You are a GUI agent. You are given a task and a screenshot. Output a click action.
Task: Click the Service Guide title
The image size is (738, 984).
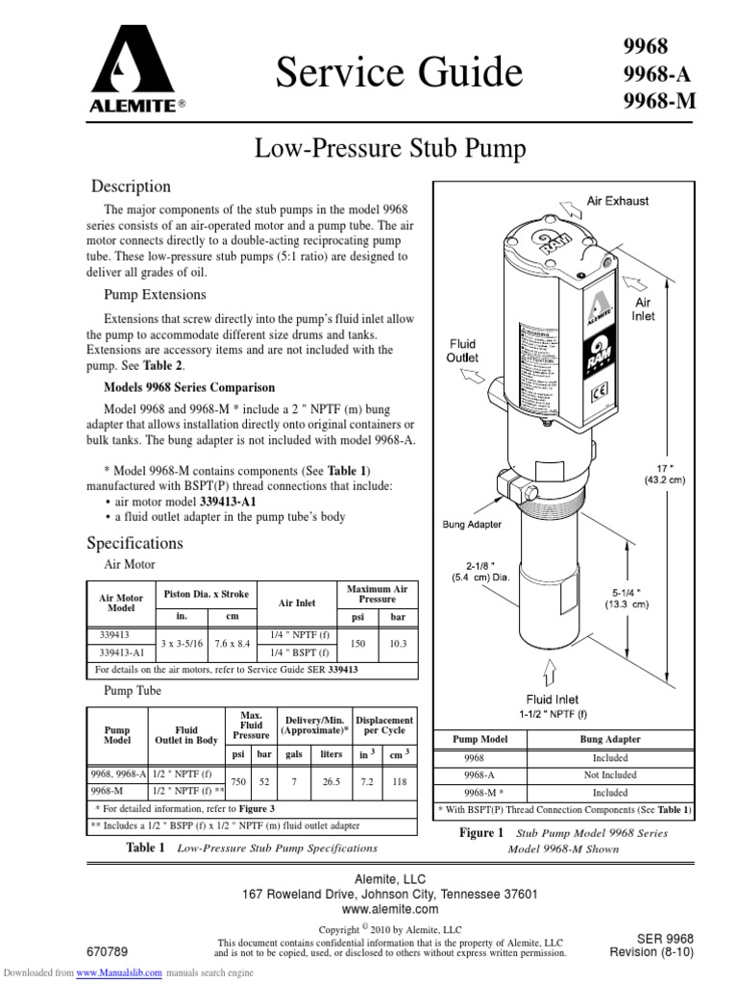[400, 72]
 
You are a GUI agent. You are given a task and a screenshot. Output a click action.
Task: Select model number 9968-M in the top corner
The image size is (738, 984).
[658, 100]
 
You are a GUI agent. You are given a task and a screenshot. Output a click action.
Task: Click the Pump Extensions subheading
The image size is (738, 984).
[154, 294]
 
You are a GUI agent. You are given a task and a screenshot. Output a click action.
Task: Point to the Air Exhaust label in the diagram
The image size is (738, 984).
[618, 201]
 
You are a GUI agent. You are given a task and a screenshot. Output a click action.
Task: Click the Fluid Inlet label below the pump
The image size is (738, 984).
[552, 700]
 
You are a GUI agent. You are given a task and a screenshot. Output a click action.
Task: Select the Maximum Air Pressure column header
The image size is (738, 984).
[376, 592]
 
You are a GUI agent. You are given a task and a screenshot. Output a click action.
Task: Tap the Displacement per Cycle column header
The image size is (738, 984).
[383, 726]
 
